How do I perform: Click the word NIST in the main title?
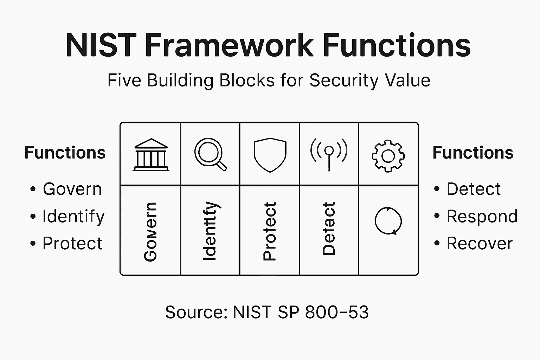(101, 45)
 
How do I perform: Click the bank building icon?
(151, 155)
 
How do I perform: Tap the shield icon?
(270, 155)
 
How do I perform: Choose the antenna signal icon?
(329, 154)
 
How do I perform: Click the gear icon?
(388, 156)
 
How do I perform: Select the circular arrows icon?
(388, 221)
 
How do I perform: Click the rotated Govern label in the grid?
(150, 232)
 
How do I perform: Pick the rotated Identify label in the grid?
(210, 231)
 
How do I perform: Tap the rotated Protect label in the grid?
(270, 231)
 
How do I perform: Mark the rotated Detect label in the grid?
(329, 229)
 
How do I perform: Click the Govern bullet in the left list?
(72, 189)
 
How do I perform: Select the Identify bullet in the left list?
(73, 216)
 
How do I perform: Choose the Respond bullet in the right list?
(482, 216)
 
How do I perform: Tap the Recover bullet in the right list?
(480, 243)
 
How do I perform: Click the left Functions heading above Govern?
(65, 153)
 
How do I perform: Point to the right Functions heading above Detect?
(473, 153)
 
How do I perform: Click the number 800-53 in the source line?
(337, 312)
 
